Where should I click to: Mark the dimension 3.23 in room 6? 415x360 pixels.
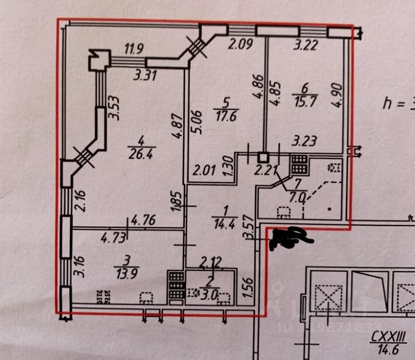click(x=304, y=142)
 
